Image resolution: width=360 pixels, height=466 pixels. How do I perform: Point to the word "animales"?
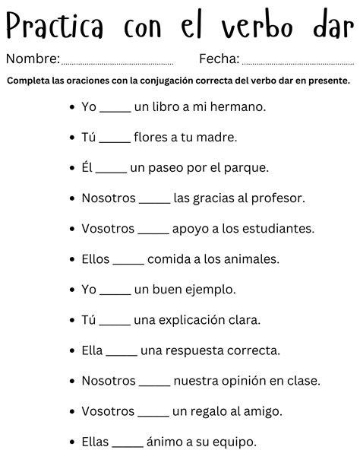254,259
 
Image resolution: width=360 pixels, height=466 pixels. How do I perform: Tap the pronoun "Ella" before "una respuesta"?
92,350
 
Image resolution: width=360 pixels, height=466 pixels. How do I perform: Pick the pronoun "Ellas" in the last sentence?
95,442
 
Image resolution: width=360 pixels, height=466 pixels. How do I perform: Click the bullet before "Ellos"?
71,259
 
